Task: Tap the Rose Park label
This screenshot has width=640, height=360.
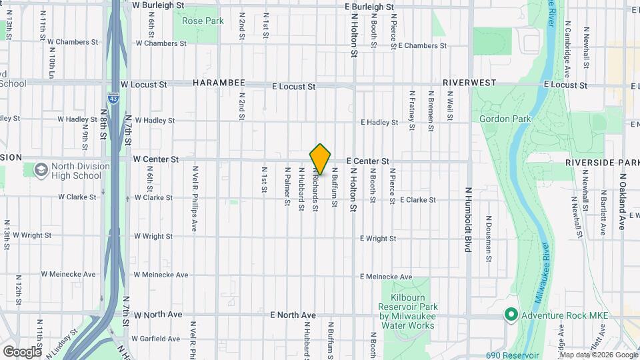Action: (203, 21)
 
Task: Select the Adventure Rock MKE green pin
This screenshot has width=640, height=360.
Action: (511, 313)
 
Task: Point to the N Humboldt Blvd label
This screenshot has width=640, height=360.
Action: (468, 219)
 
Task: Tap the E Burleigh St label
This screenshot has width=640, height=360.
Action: (371, 5)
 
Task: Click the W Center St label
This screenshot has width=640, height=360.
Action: (156, 160)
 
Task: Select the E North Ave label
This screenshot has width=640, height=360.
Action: (293, 315)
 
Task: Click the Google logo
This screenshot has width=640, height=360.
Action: (22, 351)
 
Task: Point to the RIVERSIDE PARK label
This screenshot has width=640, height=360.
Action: (602, 163)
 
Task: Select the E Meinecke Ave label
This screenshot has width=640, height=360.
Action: (386, 277)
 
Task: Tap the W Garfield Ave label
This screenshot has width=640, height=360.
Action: (157, 339)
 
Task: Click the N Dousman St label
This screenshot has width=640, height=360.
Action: (489, 236)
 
